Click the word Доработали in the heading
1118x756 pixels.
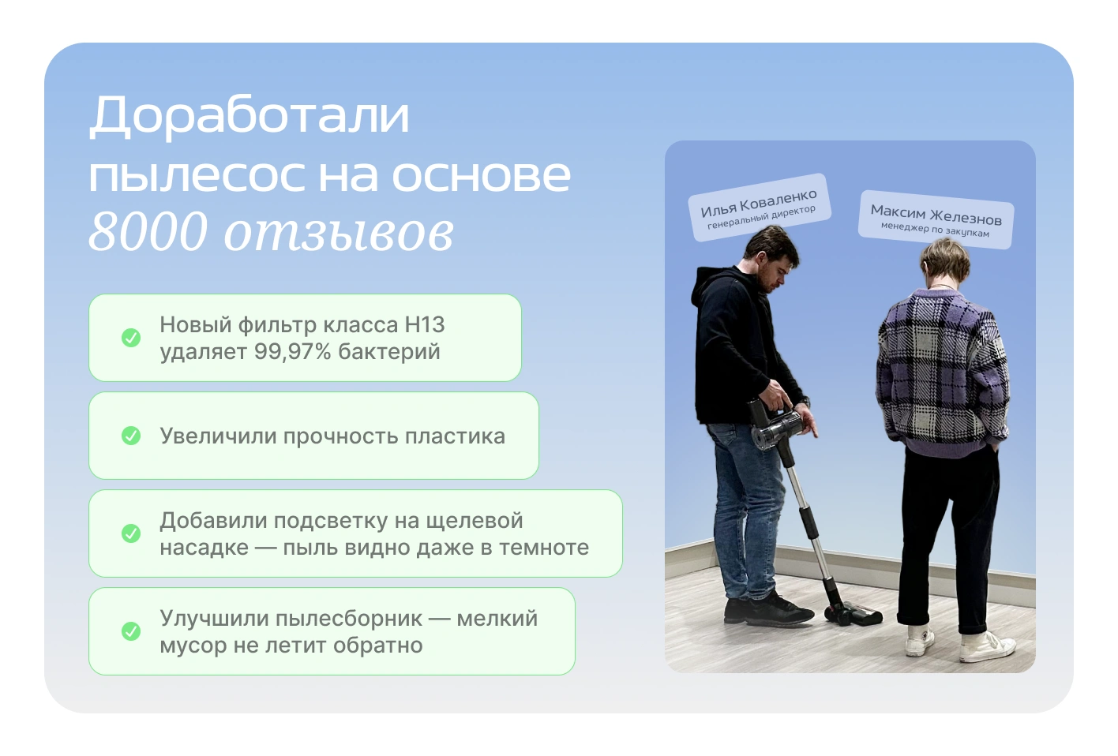pos(249,116)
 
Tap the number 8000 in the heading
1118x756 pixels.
pos(148,231)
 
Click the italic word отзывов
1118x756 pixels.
pos(339,233)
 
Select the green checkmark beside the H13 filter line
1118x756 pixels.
pos(131,338)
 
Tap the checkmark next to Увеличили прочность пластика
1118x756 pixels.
pos(131,436)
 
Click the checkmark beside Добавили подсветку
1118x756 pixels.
pos(131,533)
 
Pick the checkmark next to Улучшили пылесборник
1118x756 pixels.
pos(131,631)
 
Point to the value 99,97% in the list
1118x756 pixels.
pos(292,352)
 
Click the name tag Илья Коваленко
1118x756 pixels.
pos(759,207)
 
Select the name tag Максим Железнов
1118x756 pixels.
pos(936,219)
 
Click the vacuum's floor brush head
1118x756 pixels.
pos(854,614)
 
